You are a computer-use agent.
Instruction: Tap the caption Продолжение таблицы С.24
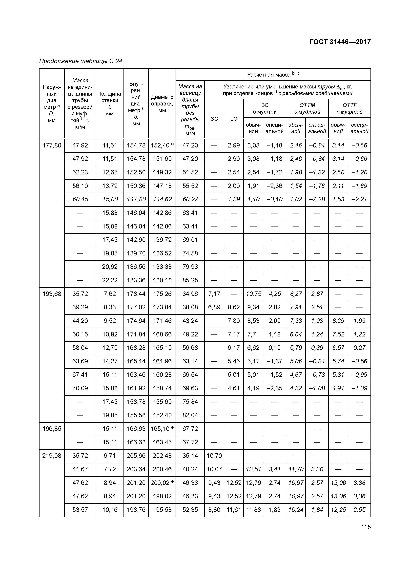[81, 61]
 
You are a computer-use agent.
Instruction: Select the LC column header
[234, 119]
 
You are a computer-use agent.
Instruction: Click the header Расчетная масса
[273, 75]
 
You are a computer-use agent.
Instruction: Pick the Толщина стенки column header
[110, 104]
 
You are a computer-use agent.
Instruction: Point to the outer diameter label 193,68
[52, 294]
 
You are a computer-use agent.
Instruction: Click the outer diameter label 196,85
[52, 429]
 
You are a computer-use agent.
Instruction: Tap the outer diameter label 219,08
[52, 456]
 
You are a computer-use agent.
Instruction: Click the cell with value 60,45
[80, 199]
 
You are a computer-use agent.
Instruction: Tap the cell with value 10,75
[253, 294]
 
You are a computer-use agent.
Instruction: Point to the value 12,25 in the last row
[338, 510]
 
